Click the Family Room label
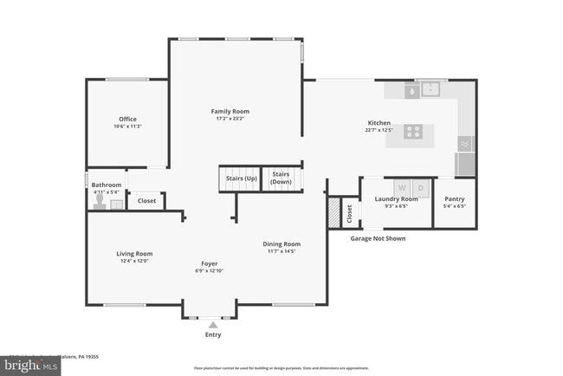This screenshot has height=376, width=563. [230, 111]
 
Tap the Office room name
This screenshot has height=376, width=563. [127, 120]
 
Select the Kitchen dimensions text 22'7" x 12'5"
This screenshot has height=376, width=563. [379, 131]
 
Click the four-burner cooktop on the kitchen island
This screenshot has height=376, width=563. [414, 132]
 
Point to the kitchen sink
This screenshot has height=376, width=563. [430, 88]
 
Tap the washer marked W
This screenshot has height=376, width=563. [401, 187]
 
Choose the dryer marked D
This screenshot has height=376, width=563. [420, 187]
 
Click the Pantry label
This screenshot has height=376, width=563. [455, 199]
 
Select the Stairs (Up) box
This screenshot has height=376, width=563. [241, 178]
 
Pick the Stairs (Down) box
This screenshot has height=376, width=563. [281, 178]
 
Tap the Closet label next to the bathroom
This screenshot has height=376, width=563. [146, 201]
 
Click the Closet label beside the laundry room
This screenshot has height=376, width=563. [348, 212]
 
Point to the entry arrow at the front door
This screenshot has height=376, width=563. [212, 324]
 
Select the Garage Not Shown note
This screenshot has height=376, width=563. [377, 238]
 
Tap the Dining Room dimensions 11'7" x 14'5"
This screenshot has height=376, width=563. [281, 251]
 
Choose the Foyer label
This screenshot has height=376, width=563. [210, 263]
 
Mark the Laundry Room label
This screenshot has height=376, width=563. [396, 199]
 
